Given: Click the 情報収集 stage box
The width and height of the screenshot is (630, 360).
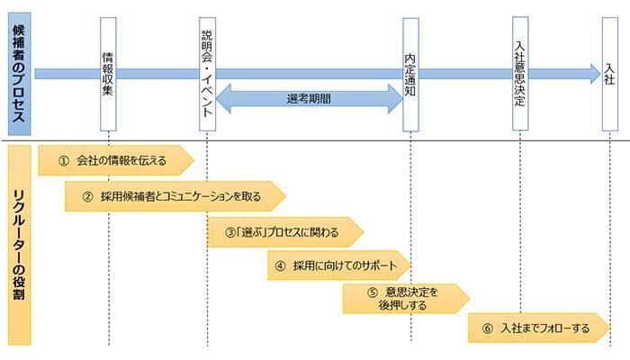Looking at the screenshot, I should click(108, 72).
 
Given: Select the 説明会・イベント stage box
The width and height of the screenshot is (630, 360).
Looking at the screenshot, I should click(207, 72).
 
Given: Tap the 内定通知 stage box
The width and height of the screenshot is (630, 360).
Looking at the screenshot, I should click(410, 72).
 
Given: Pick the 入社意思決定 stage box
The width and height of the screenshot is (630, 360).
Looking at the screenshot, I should click(520, 72).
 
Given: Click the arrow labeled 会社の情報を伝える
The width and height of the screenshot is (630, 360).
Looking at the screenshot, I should click(115, 160).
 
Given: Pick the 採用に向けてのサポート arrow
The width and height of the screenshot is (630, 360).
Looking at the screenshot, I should click(338, 265).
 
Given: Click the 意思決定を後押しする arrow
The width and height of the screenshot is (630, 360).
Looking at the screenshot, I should click(405, 298).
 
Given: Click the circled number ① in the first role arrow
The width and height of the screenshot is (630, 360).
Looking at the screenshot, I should click(63, 160).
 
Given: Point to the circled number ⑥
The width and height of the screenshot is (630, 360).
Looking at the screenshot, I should click(487, 328).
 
